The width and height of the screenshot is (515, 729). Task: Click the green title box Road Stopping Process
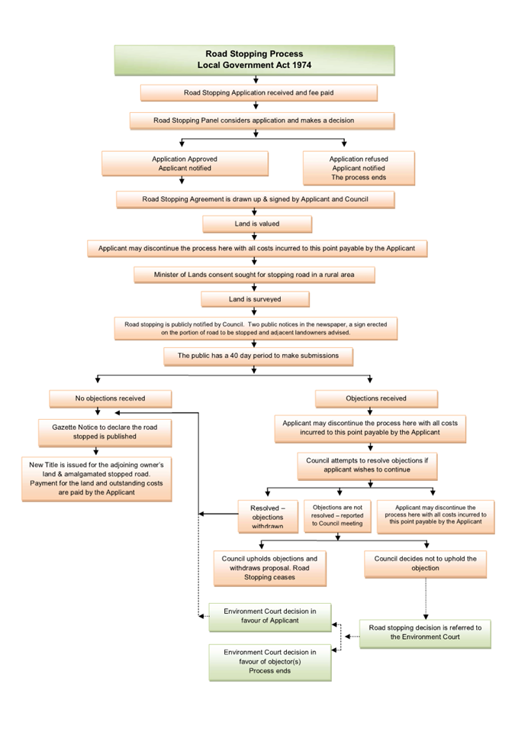coord(254,60)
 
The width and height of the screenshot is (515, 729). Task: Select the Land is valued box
coord(257,224)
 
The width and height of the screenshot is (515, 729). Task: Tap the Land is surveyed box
coord(255,299)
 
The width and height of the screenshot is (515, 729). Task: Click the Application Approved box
coord(185,163)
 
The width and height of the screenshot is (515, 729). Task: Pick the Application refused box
coord(359,168)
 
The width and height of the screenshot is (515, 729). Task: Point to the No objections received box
coord(111,399)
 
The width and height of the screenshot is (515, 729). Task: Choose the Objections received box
coord(376,399)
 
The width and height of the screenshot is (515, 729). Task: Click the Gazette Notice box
coord(105,433)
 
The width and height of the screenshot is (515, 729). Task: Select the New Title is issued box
coord(97,479)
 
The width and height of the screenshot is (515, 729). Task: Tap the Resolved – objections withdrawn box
coord(268,517)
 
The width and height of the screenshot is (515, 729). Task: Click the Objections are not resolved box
coord(337,516)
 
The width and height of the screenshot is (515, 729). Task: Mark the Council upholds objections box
coord(269,569)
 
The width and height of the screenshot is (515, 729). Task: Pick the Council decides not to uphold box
coord(425,564)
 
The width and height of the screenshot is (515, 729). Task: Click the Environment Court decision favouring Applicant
coord(270,617)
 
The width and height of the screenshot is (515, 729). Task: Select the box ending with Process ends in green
coord(270,663)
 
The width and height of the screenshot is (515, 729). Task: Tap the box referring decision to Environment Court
coord(425,634)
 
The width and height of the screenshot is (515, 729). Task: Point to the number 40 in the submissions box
coord(233,356)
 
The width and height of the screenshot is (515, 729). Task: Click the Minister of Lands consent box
coord(254,275)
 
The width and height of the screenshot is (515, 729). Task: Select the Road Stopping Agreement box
coord(255,199)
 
